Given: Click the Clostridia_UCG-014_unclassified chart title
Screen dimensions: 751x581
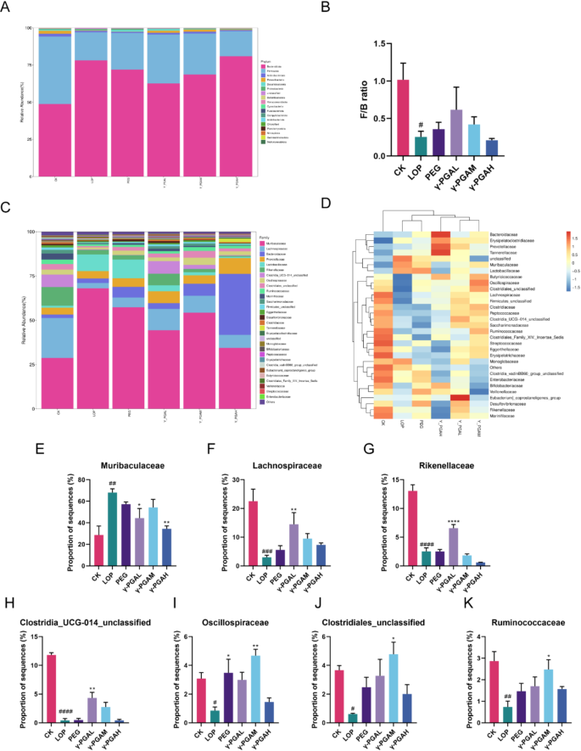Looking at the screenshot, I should [x=85, y=599].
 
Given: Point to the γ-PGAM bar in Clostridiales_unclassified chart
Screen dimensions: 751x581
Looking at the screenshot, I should [x=416, y=688].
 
